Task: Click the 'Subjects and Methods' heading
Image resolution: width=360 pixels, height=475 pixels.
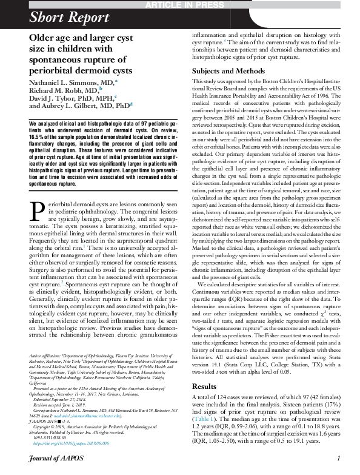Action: coord(230,87)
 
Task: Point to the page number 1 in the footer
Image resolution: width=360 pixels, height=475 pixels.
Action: coord(338,467)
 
